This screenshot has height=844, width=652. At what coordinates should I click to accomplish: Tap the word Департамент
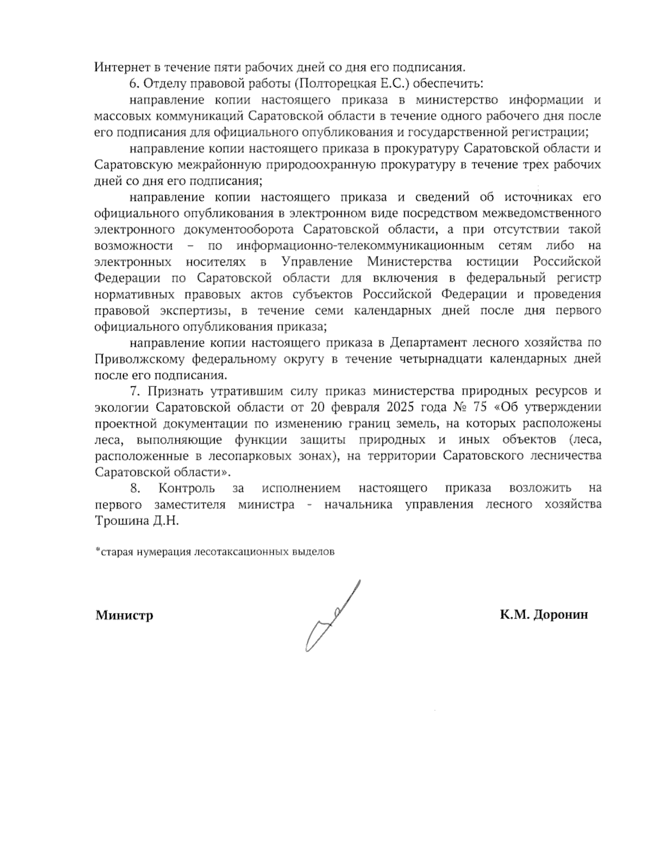(425, 343)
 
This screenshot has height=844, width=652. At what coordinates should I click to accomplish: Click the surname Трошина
(118, 521)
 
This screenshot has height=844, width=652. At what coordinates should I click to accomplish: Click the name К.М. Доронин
(544, 615)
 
